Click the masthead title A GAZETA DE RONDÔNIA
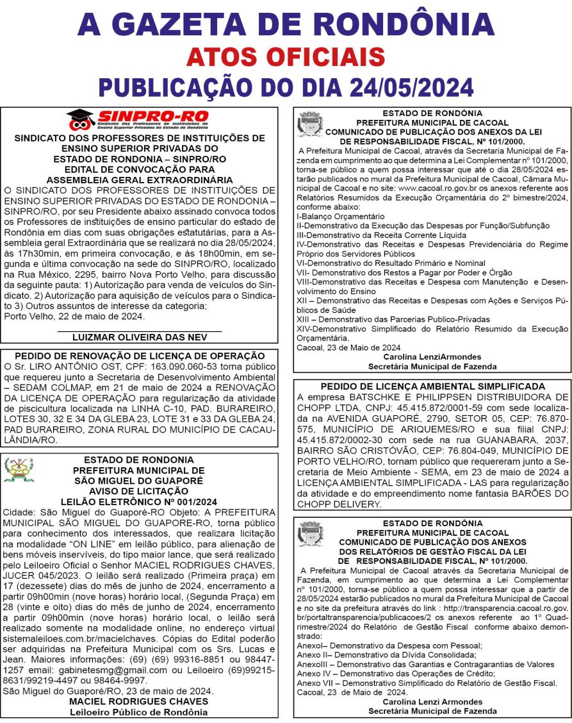point(286,24)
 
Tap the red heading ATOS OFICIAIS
point(286,57)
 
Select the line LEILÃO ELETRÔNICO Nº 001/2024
point(139,501)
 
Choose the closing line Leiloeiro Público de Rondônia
point(139,711)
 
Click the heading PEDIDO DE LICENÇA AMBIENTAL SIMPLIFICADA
point(432,386)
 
